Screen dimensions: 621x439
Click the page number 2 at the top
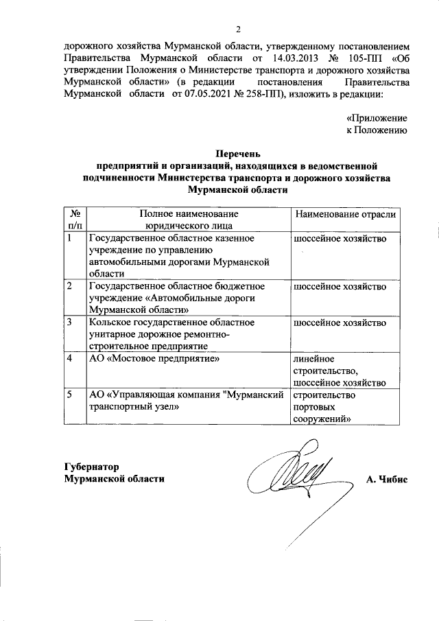pos(238,29)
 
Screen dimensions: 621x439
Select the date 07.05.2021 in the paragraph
pos(205,95)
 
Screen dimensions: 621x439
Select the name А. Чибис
pos(387,478)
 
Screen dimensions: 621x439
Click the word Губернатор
pos(92,465)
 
